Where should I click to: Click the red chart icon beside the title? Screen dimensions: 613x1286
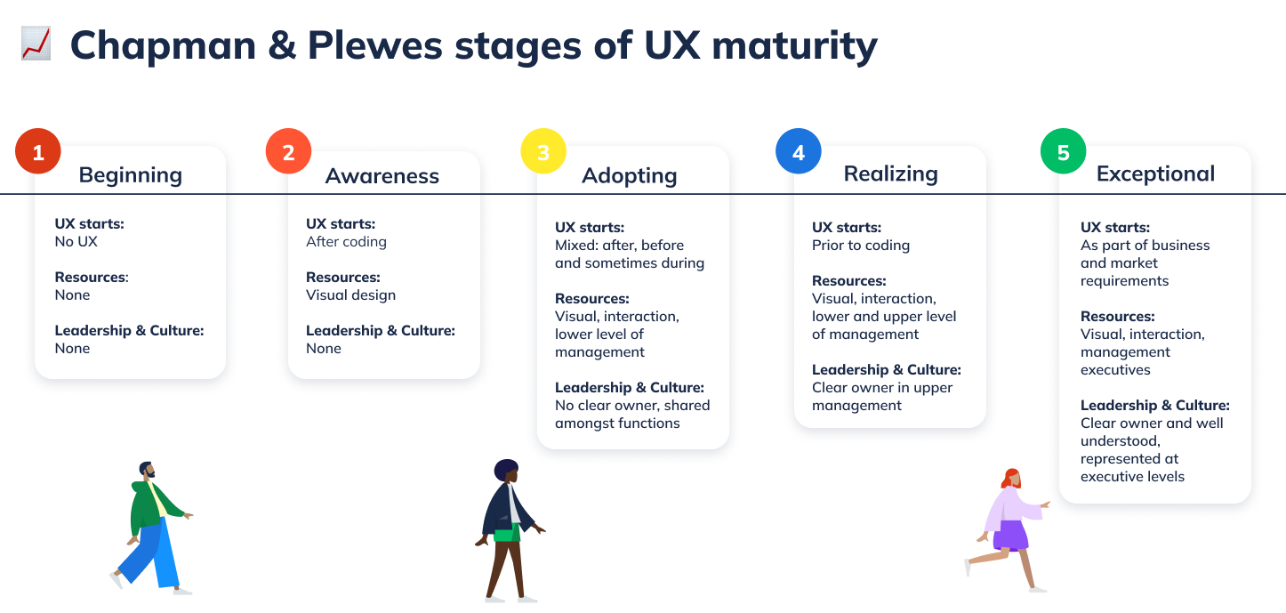[x=36, y=44]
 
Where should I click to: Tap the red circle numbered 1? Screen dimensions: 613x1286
[x=38, y=152]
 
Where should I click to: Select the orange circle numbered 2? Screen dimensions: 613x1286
[x=288, y=152]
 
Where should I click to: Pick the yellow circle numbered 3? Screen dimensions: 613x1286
[x=543, y=152]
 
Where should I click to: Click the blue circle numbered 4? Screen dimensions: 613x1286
[x=799, y=152]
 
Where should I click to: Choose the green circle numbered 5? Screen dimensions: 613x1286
[x=1064, y=152]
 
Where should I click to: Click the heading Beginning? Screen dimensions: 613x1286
[x=130, y=174]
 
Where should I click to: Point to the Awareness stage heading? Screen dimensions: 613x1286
[x=382, y=175]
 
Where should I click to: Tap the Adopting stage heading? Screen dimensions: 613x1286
[x=629, y=175]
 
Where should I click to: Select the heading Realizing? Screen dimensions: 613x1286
[x=890, y=173]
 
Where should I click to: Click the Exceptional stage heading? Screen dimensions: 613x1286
[x=1155, y=173]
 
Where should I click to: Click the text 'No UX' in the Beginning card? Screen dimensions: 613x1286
[x=76, y=241]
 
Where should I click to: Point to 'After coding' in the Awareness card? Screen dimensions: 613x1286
[x=346, y=241]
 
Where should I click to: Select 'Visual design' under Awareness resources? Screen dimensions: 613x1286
[x=350, y=294]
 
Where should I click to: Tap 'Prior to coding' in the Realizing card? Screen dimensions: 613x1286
[x=860, y=245]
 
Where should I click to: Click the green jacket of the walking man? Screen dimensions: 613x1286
[x=146, y=508]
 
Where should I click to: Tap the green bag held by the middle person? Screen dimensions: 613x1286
[x=507, y=534]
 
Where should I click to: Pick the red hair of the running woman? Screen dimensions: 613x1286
[x=1010, y=477]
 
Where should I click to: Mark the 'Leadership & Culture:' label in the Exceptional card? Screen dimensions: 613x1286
[x=1154, y=405]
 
